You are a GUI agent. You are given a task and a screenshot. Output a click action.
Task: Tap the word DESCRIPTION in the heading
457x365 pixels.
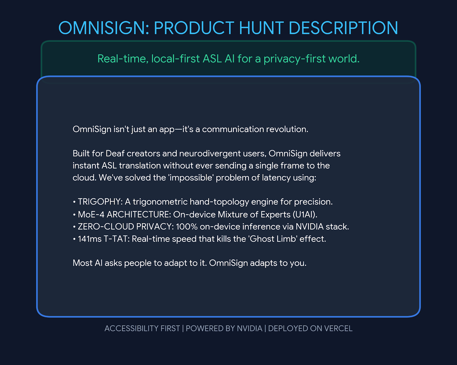pyautogui.click(x=343, y=28)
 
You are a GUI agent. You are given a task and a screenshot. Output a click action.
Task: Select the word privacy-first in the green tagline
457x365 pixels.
pyautogui.click(x=294, y=59)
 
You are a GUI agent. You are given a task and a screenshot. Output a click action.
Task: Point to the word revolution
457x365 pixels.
pyautogui.click(x=287, y=129)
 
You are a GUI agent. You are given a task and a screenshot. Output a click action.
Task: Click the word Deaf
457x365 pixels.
pyautogui.click(x=115, y=154)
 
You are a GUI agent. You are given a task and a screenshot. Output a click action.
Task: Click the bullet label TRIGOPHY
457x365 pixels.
pyautogui.click(x=100, y=202)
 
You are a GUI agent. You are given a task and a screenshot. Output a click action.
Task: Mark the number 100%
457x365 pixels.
pyautogui.click(x=187, y=227)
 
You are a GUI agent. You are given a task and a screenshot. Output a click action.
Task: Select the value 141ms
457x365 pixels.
pyautogui.click(x=90, y=239)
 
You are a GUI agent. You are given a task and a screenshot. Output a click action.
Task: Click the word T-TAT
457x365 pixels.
pyautogui.click(x=117, y=239)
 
